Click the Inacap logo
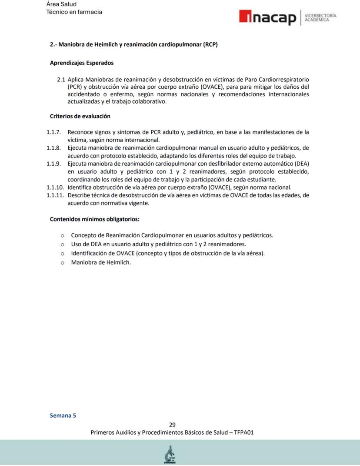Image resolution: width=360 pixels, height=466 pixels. (267, 18)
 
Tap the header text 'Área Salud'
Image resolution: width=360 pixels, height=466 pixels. (61, 4)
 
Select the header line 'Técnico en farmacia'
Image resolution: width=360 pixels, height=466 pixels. (74, 12)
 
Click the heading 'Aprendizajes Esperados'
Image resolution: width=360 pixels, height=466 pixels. (82, 63)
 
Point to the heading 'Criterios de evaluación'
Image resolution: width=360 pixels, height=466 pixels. (80, 116)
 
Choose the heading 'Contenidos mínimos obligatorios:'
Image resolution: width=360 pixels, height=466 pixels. (94, 219)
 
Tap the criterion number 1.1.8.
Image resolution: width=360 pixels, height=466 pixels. (53, 148)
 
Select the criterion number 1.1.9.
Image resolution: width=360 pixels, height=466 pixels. (53, 164)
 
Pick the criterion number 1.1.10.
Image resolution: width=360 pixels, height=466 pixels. (55, 188)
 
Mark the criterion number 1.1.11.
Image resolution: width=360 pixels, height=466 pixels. (55, 195)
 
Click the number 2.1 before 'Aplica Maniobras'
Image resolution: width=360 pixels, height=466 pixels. (61, 80)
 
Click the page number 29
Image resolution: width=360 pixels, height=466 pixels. (172, 425)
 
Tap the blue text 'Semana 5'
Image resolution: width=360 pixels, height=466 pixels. (63, 415)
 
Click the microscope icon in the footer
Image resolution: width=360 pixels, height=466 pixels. (170, 455)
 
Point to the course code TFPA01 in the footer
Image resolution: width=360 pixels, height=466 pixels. (244, 432)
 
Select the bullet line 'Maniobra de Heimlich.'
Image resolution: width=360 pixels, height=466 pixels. (101, 262)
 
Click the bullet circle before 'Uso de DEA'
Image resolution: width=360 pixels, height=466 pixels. (62, 245)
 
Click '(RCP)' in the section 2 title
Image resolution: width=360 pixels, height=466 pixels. (210, 44)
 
